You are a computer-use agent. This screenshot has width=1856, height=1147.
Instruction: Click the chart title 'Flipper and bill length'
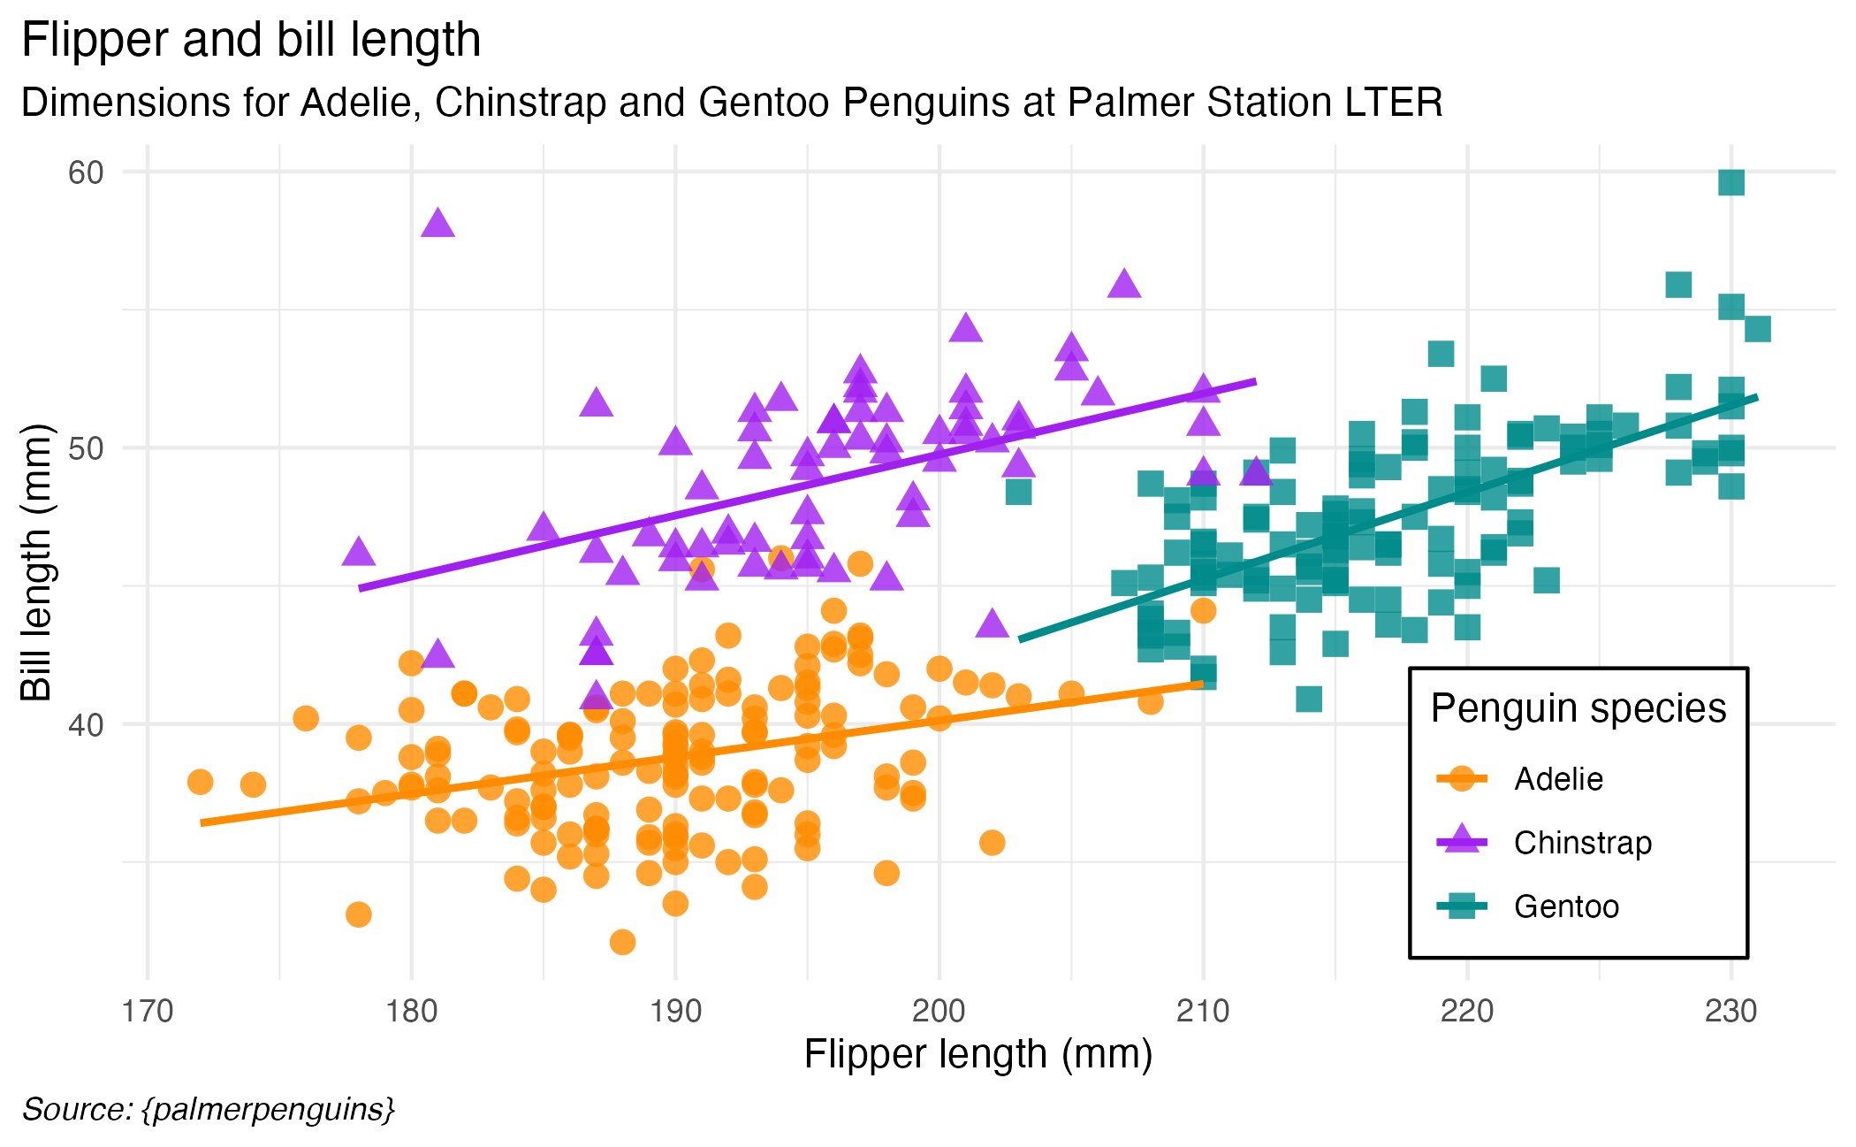[x=251, y=40]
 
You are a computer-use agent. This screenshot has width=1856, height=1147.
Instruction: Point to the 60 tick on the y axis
[x=86, y=172]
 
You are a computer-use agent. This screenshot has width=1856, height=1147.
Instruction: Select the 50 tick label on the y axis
[x=86, y=448]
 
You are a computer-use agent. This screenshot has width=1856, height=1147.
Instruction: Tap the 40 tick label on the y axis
[x=86, y=725]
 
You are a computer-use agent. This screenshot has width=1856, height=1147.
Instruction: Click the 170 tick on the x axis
[x=148, y=1010]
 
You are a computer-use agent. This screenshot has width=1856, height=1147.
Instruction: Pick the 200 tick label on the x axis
[x=939, y=1010]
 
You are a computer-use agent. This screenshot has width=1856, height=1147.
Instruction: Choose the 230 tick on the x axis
[x=1730, y=1010]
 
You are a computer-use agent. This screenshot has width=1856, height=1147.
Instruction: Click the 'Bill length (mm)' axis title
[x=37, y=562]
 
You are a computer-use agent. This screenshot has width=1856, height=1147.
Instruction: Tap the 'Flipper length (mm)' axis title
[x=978, y=1054]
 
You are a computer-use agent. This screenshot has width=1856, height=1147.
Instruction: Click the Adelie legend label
[x=1558, y=779]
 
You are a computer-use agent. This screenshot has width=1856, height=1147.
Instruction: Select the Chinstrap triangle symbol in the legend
[x=1462, y=839]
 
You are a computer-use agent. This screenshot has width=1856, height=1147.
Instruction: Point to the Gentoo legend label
[x=1566, y=906]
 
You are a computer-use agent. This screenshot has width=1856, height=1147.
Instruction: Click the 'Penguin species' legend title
[x=1578, y=708]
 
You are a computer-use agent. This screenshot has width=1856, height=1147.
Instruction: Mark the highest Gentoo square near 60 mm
[x=1730, y=183]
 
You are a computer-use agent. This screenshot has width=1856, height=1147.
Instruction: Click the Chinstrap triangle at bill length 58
[x=437, y=224]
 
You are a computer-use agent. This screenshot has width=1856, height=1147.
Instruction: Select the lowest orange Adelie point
[x=622, y=942]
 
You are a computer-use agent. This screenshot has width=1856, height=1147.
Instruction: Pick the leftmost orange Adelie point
[x=201, y=782]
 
